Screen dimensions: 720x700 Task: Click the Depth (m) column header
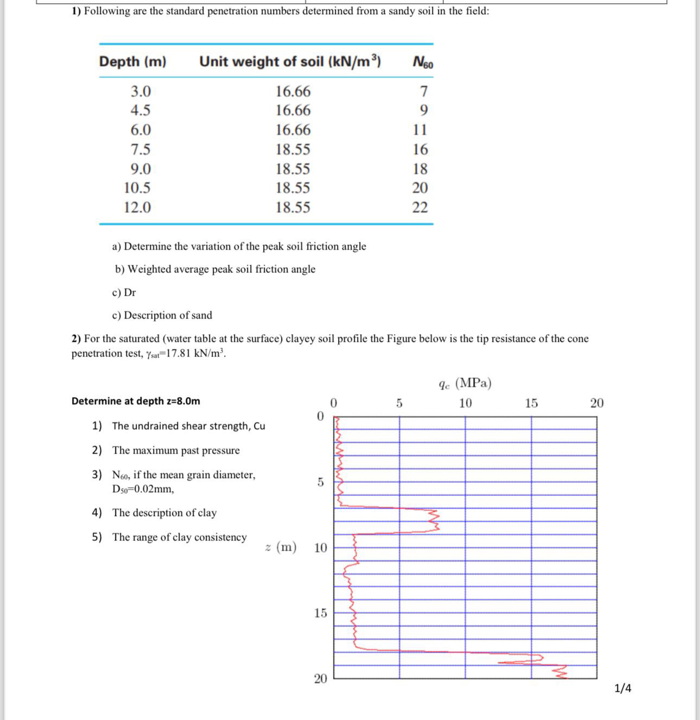pos(132,62)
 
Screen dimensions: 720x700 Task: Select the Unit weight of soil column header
pos(290,62)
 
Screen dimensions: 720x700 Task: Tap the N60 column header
pos(423,62)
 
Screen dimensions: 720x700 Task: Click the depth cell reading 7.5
pos(141,149)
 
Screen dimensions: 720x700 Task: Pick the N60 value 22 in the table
pos(420,207)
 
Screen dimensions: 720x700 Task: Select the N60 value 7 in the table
pos(424,91)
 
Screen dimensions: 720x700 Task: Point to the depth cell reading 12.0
pos(137,207)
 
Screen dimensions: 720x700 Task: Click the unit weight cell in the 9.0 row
pos(293,169)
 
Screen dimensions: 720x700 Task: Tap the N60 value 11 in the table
pos(420,130)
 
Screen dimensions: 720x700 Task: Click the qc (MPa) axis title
pos(465,384)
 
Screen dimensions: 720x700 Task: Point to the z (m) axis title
pos(281,547)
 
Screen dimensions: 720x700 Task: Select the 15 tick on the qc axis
pos(531,403)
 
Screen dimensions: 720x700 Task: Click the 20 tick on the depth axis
pos(321,678)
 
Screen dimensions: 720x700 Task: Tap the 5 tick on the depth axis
pos(320,482)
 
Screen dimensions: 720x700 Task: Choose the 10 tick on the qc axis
pos(465,403)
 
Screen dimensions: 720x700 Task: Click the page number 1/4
pos(622,689)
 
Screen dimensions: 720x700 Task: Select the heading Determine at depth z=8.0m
pos(136,401)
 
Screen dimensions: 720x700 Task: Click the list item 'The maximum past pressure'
pos(176,450)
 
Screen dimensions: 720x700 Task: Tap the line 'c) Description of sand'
pos(162,315)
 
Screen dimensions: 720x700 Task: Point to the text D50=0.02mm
pos(143,489)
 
